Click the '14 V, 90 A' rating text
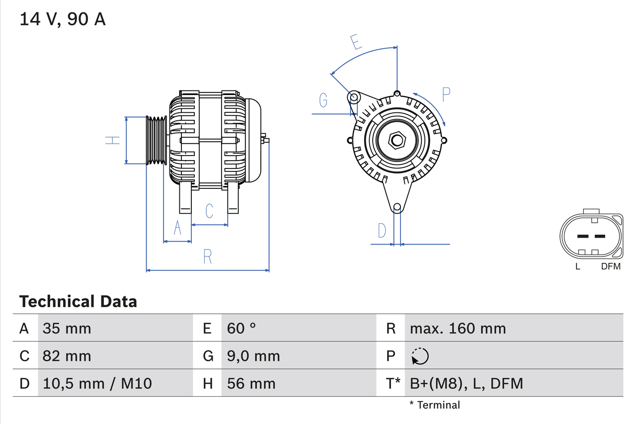[63, 19]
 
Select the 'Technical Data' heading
[78, 301]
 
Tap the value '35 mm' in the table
[67, 328]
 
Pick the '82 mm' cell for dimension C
[67, 356]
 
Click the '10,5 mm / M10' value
[97, 383]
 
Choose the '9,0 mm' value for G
[253, 356]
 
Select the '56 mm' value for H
[251, 383]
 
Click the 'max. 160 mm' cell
[458, 328]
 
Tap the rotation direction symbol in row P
[420, 356]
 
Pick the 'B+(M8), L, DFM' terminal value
[466, 383]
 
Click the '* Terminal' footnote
[435, 405]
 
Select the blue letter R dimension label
[208, 256]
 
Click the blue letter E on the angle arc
[355, 43]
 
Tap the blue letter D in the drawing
[382, 231]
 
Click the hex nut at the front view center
[397, 140]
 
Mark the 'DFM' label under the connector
[611, 266]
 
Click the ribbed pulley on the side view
[157, 140]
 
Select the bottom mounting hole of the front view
[397, 207]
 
